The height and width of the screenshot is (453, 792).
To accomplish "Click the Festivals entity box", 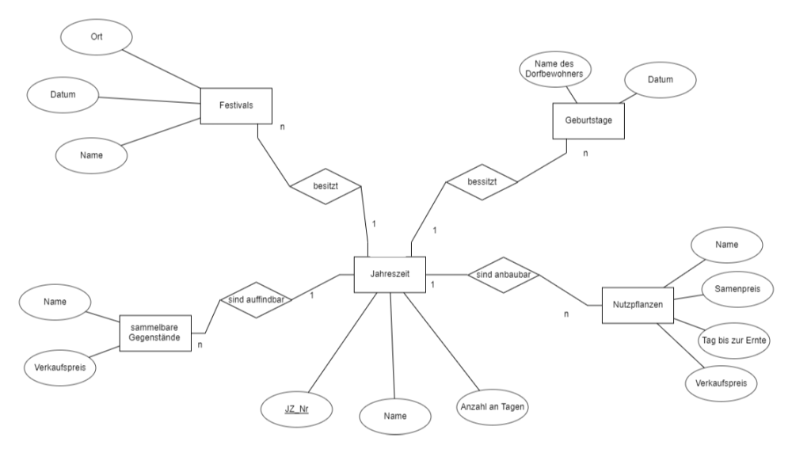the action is click(x=236, y=105).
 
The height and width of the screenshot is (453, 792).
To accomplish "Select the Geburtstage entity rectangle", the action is click(x=588, y=120).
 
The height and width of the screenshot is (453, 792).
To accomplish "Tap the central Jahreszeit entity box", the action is click(x=390, y=274).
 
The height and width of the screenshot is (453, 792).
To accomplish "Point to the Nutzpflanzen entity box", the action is click(x=638, y=305).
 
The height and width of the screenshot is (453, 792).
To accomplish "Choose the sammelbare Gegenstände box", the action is click(x=155, y=333).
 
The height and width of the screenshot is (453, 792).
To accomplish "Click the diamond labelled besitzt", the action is click(x=326, y=186).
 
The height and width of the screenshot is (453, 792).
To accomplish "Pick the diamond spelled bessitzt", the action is click(x=482, y=182).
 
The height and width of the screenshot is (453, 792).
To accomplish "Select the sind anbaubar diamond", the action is click(x=504, y=275).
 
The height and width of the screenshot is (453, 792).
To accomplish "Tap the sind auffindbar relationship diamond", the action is click(x=256, y=299).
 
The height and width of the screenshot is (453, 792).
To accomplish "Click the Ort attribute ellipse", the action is click(x=97, y=37).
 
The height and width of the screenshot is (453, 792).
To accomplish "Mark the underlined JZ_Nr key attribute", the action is click(x=296, y=409).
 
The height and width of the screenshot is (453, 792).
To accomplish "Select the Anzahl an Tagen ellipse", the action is click(x=493, y=407).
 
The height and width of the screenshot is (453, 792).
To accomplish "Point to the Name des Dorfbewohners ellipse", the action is click(x=555, y=69).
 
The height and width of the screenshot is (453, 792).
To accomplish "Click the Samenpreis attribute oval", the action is click(x=737, y=289).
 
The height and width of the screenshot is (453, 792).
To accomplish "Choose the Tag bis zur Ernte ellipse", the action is click(x=734, y=341).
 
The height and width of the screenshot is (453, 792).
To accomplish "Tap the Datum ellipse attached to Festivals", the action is click(x=63, y=95).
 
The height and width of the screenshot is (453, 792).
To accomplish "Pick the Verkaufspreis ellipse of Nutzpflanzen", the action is click(x=722, y=383).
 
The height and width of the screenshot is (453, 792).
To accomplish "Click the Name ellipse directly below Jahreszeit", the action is click(x=395, y=417).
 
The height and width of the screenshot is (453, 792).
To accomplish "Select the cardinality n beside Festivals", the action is click(x=283, y=128).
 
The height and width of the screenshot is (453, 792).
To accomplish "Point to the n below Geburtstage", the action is click(x=585, y=154).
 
